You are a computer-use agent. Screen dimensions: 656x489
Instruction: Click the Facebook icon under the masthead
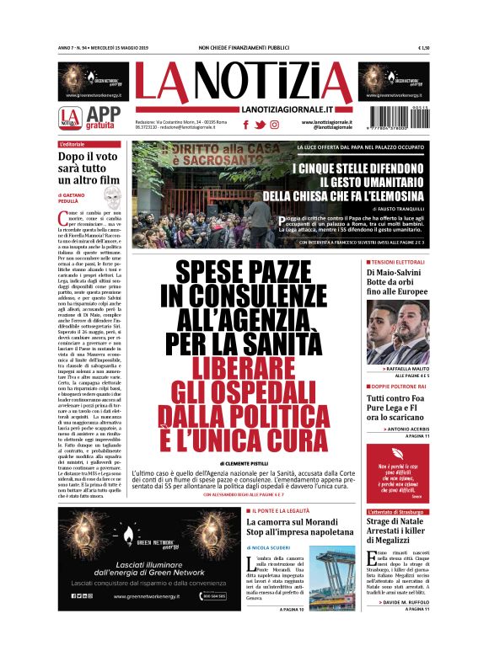click(245, 125)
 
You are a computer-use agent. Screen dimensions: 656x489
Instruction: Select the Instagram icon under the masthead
click(275, 125)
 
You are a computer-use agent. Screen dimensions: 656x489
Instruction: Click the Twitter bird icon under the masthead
click(260, 125)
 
